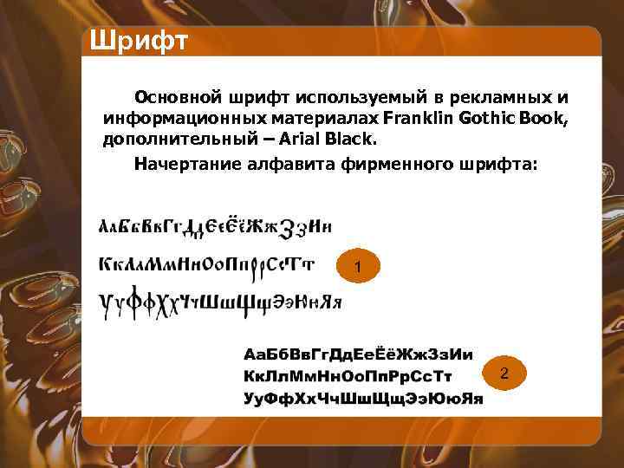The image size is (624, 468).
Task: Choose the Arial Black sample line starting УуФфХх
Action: coord(362,398)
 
